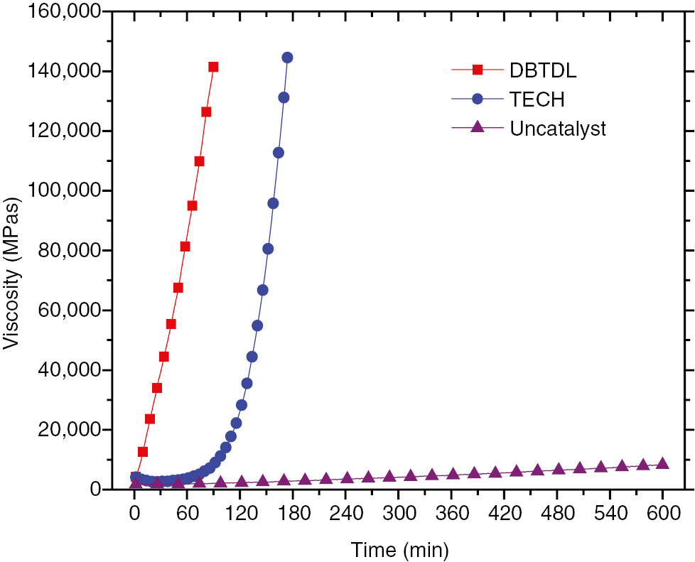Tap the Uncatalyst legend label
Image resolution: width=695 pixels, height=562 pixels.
(557, 128)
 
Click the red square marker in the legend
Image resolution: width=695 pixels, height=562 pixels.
(478, 70)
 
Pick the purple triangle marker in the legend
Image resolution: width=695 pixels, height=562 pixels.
(478, 126)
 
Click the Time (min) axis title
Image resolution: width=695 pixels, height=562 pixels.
(399, 549)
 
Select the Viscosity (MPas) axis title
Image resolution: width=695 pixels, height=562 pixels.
(13, 274)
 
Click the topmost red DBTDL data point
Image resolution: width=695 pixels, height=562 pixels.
(213, 67)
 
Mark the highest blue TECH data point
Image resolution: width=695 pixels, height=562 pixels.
(287, 58)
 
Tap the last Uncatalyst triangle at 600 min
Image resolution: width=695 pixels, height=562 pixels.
(662, 464)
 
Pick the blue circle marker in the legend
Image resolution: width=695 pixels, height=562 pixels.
(478, 99)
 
